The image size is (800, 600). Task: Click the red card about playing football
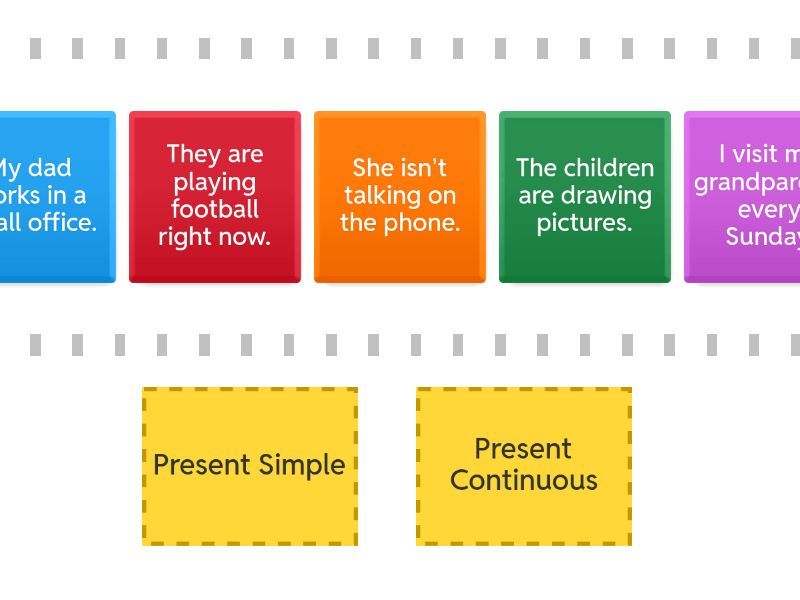click(214, 196)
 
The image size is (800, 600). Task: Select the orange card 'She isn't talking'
click(399, 196)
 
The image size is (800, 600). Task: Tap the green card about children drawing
click(584, 196)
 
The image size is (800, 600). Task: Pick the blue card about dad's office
click(55, 196)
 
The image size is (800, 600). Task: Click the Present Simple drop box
click(249, 466)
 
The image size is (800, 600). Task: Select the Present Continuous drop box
click(523, 466)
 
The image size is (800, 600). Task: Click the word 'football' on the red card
click(214, 209)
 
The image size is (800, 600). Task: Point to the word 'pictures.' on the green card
click(584, 223)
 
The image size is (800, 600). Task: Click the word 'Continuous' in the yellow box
click(523, 480)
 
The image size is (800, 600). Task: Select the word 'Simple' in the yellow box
click(302, 465)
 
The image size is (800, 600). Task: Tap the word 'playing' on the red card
click(214, 182)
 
